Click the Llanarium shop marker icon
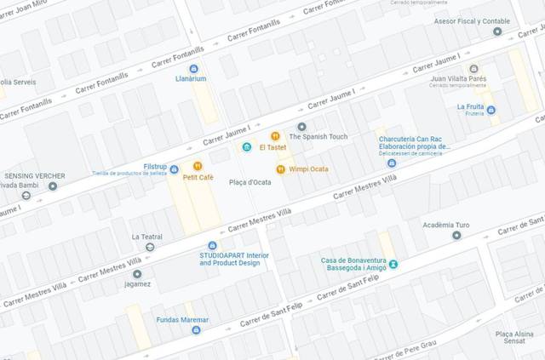coord(193,68)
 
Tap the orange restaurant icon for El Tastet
coord(275,136)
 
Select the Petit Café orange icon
coord(197,166)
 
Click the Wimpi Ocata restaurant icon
coord(279,169)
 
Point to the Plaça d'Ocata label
coord(250,182)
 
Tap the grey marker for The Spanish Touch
coord(301,126)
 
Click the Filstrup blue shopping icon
coord(174,169)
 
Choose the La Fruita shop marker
coord(490,109)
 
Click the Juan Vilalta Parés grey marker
coord(473,68)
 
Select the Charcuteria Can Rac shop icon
coord(391,163)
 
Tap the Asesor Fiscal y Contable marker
coord(497,31)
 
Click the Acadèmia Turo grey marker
coord(456,236)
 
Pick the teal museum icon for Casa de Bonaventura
coord(393,264)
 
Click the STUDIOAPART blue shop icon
coord(213,245)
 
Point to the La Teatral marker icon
coord(150,247)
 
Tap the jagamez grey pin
coord(137,274)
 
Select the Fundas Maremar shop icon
coord(196,329)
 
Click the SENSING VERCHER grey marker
coord(53,186)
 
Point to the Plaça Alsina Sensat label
coord(515,337)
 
